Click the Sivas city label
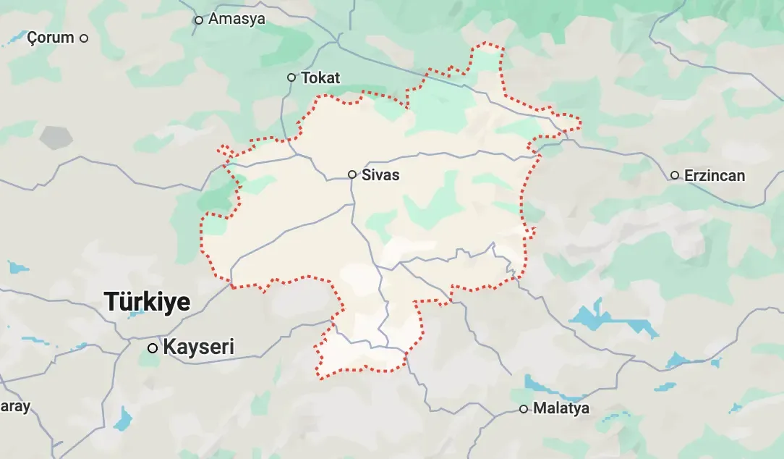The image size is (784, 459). click(x=380, y=175)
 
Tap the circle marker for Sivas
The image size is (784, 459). click(x=352, y=174)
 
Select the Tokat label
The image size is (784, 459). click(x=320, y=77)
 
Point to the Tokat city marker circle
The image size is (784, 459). click(x=291, y=77)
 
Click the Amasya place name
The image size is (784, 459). click(x=237, y=20)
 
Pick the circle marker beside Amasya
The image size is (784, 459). click(x=199, y=20)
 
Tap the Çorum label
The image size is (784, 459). click(x=51, y=38)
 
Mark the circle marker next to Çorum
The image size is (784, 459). click(x=84, y=38)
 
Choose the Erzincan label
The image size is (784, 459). click(x=714, y=175)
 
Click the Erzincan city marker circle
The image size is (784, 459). click(x=675, y=175)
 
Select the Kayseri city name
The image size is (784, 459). click(x=199, y=347)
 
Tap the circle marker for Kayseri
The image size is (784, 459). click(x=153, y=348)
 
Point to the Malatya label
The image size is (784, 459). click(x=561, y=408)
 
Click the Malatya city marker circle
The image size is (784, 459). click(x=524, y=409)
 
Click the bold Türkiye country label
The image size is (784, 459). click(x=148, y=301)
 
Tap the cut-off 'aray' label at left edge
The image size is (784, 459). click(x=14, y=406)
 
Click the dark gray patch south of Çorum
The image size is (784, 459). click(x=56, y=137)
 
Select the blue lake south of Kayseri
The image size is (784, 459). click(x=124, y=419)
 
